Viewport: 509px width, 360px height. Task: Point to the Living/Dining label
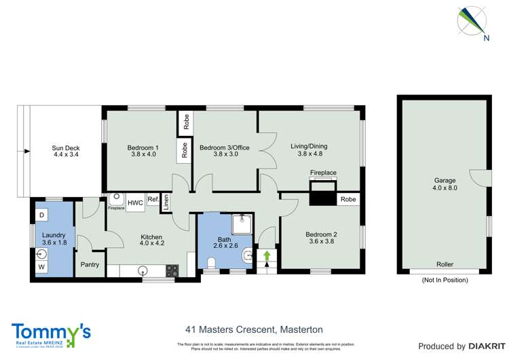coord(308,148)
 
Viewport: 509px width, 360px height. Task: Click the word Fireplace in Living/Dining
coord(323,173)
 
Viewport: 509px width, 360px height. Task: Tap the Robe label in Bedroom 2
coord(348,200)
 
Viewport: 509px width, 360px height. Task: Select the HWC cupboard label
coord(134,202)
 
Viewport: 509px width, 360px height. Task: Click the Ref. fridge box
coord(153,200)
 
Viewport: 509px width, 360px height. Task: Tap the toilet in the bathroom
coord(248,255)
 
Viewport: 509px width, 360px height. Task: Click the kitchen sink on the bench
coord(143,270)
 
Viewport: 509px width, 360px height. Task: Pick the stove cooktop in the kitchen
coord(172,270)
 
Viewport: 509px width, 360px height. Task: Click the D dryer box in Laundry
coord(41,215)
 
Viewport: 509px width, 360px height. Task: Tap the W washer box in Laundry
coord(41,267)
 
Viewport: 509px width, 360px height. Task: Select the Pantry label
coord(90,265)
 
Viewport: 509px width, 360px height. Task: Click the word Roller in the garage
coord(445,264)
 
